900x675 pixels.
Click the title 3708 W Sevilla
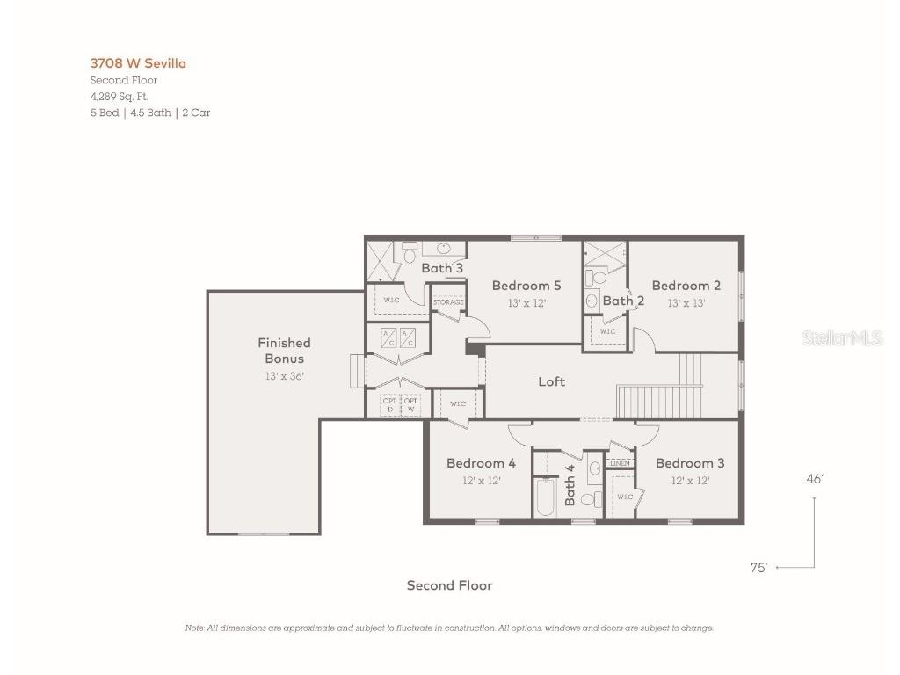pos(138,63)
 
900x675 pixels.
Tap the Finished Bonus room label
pos(284,351)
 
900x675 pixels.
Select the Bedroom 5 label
pos(526,286)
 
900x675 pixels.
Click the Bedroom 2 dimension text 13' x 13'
pos(686,303)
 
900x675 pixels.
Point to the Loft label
pos(551,381)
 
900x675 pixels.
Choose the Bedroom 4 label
pos(481,463)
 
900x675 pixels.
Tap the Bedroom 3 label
pos(690,463)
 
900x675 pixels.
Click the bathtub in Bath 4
pos(546,497)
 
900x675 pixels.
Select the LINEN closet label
pos(621,463)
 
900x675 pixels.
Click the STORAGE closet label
pos(448,302)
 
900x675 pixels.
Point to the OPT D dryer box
pos(389,405)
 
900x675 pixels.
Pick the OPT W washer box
pos(410,405)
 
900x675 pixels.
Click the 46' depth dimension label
pos(815,479)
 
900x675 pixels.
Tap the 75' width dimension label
pos(758,568)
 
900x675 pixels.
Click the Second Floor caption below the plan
pos(449,585)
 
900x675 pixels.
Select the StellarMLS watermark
pos(842,338)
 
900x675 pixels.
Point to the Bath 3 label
pos(441,268)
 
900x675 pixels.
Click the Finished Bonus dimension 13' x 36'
pos(284,376)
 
